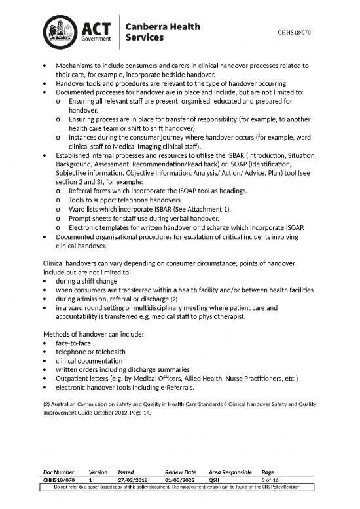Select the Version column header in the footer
click(x=98, y=471)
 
